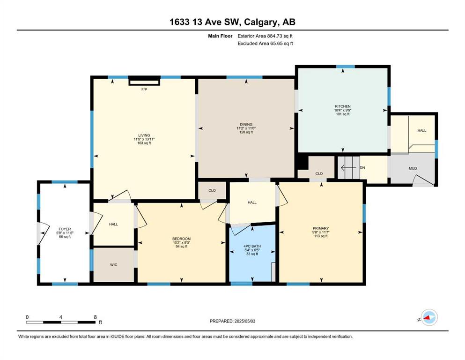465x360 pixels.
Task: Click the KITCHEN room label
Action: (x=342, y=106)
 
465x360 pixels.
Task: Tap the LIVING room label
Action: (x=144, y=135)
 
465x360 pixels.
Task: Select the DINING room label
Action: (x=246, y=124)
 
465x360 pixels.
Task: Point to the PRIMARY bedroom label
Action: (x=321, y=228)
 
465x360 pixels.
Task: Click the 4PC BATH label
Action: (x=252, y=246)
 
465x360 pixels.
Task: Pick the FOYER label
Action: (x=65, y=229)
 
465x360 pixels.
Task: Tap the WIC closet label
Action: (x=114, y=265)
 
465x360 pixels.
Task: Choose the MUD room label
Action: (x=413, y=168)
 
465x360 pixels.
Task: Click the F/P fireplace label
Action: (x=144, y=90)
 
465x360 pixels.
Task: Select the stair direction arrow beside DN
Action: (x=350, y=168)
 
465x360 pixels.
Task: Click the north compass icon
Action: (x=429, y=317)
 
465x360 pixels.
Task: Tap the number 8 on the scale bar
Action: (x=95, y=317)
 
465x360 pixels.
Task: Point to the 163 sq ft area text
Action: (x=144, y=143)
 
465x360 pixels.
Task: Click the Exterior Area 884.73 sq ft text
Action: (x=265, y=36)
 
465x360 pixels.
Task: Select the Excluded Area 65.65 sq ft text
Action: (x=266, y=43)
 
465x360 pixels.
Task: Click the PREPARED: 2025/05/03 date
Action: (x=232, y=321)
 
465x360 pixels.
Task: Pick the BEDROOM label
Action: (x=182, y=239)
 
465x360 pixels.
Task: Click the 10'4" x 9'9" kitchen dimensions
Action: (x=342, y=110)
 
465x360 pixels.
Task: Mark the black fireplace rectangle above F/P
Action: (x=144, y=81)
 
